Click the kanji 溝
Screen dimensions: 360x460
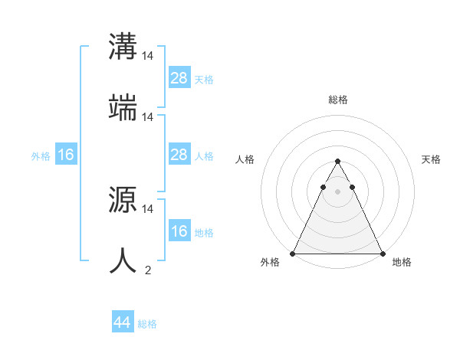pos(123,46)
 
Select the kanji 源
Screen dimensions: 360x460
pos(123,198)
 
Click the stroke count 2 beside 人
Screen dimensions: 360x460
pos(148,270)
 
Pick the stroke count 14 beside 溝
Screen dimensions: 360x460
pos(148,55)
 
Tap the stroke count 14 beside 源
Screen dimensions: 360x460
pos(148,208)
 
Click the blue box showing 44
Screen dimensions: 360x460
pos(123,322)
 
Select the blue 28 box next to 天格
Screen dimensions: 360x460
pos(179,78)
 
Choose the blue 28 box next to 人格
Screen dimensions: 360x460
pos(179,155)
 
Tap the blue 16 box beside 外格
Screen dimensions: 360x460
pos(66,155)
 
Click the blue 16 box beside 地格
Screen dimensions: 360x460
pos(179,231)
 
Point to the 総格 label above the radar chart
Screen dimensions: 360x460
pos(337,100)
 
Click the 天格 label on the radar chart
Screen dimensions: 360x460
pos(431,159)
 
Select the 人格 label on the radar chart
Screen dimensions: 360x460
pos(245,159)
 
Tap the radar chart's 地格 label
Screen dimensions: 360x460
pos(402,262)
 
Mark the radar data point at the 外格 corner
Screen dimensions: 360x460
pos(294,253)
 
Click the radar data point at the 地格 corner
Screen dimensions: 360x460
pos(382,253)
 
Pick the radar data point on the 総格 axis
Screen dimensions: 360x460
pos(337,162)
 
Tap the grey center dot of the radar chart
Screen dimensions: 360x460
pos(337,191)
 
